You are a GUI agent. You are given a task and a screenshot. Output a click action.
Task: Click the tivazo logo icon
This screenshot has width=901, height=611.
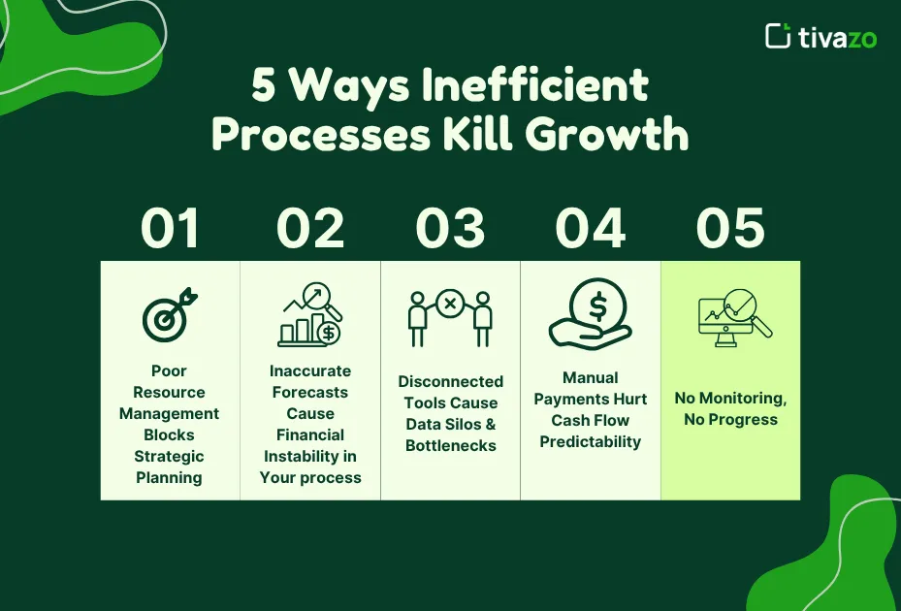[x=778, y=36]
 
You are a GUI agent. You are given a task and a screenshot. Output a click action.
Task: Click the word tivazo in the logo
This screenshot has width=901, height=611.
[x=837, y=37]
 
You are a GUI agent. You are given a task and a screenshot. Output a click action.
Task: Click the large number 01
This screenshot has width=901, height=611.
[x=170, y=229]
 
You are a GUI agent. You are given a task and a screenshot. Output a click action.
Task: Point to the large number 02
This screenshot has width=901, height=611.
[x=310, y=229]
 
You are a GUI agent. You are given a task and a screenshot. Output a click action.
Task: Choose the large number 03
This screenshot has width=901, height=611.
[x=450, y=229]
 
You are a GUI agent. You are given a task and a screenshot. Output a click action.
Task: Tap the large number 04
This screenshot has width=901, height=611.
[x=590, y=229]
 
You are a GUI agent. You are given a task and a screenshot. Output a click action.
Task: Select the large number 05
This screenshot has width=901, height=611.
[x=730, y=229]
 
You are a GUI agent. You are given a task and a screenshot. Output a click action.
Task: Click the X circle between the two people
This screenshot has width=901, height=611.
[x=450, y=304]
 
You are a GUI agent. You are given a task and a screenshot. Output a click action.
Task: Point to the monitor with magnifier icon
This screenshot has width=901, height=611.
[x=734, y=316]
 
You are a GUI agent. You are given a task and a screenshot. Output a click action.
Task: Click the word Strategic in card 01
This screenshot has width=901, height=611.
[x=170, y=456]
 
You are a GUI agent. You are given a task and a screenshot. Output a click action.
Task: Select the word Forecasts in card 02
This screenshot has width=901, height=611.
[x=310, y=392]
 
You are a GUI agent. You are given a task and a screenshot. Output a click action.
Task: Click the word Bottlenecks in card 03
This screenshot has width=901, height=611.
[x=451, y=445]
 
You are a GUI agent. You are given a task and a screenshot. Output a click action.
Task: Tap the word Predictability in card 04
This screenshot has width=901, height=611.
[x=591, y=441]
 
